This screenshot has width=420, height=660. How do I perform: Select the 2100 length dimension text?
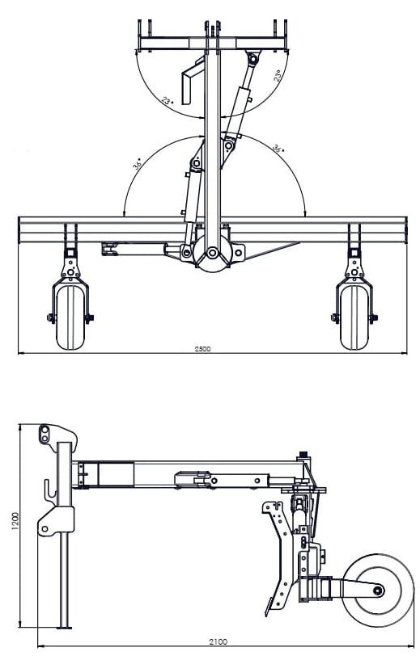(218, 641)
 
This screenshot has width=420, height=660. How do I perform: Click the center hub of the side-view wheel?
(376, 590)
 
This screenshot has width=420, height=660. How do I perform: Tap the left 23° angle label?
(168, 103)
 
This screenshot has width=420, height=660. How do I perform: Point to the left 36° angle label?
(138, 163)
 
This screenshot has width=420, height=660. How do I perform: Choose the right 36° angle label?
(277, 149)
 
